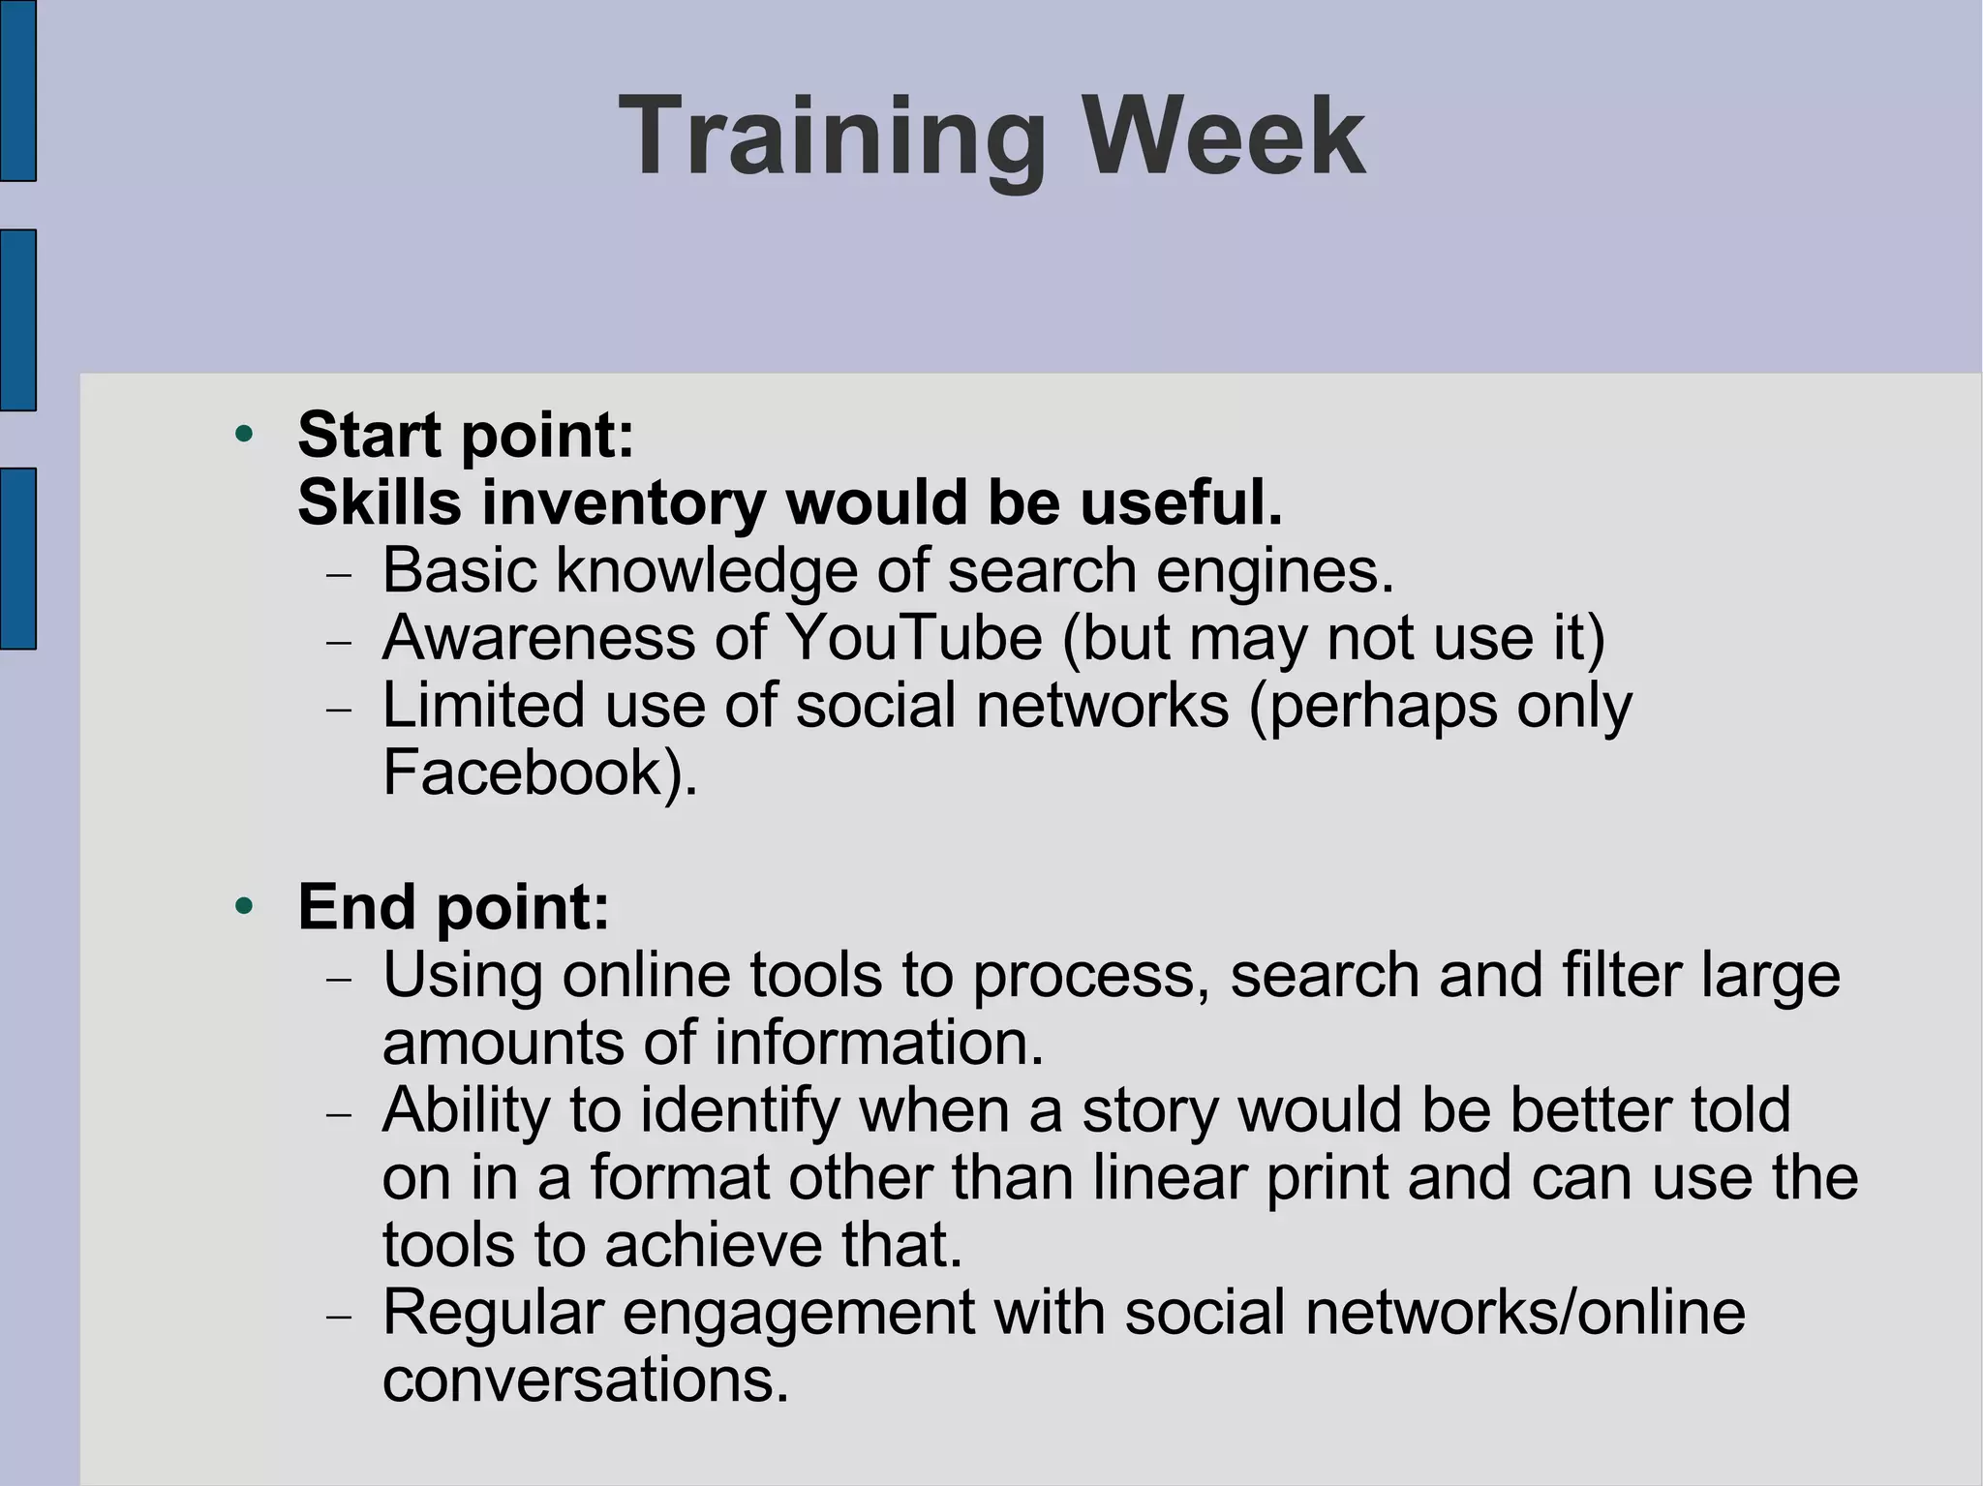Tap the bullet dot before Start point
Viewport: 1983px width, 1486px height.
pyautogui.click(x=244, y=434)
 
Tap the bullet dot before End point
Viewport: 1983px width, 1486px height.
pyautogui.click(x=244, y=906)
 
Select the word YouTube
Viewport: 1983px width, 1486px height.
pyautogui.click(x=913, y=638)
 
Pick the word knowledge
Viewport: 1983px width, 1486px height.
pyautogui.click(x=706, y=570)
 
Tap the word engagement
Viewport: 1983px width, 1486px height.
pyautogui.click(x=799, y=1313)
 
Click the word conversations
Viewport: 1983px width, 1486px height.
pyautogui.click(x=585, y=1380)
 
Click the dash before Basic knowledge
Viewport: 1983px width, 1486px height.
pyautogui.click(x=340, y=575)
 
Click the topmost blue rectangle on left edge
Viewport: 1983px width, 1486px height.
pyautogui.click(x=17, y=90)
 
